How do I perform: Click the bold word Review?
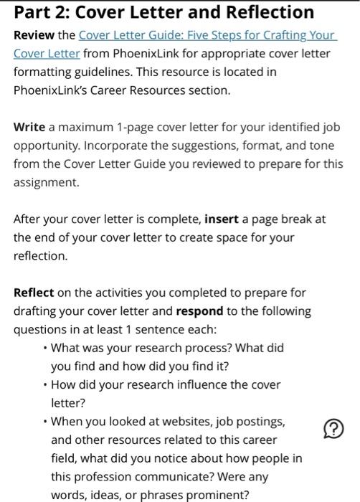(34, 35)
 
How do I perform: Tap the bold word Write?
(29, 127)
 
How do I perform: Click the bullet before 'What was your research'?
(45, 348)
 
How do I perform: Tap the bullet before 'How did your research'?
(45, 384)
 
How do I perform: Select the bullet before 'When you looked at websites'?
(45, 421)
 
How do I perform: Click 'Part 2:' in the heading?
(42, 12)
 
